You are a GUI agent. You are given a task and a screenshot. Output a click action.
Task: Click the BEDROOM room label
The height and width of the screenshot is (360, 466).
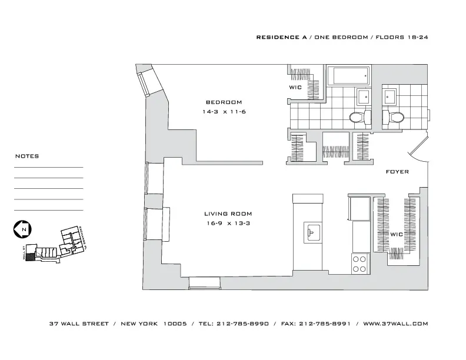[x=224, y=102]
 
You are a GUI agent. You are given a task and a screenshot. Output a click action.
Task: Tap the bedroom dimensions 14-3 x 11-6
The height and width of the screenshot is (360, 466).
[x=224, y=112]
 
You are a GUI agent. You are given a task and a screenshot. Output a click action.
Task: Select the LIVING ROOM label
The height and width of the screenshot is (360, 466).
[x=228, y=214]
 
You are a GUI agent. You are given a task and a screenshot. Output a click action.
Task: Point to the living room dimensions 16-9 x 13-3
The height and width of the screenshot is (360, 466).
[x=228, y=224]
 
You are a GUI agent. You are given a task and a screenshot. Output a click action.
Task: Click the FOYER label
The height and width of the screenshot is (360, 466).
[x=397, y=172]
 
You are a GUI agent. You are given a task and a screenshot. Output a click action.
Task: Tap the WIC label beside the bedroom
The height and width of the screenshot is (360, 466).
[x=295, y=88]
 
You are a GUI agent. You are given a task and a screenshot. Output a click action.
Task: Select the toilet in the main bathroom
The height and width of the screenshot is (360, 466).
[x=358, y=116]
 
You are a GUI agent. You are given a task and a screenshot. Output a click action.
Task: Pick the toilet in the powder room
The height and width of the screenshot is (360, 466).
[x=394, y=116]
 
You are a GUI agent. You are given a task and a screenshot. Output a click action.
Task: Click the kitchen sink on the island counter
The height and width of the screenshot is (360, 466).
[x=312, y=231]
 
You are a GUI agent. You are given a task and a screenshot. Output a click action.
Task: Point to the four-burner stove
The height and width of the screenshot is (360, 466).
[x=359, y=264]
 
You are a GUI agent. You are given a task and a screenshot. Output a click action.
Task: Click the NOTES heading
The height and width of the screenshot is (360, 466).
[x=27, y=156]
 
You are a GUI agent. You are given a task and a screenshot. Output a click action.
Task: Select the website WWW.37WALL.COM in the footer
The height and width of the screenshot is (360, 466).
[x=395, y=324]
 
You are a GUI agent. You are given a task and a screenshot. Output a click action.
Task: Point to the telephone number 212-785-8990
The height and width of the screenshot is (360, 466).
[x=243, y=324]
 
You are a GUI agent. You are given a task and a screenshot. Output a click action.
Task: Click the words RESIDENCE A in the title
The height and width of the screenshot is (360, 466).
[x=278, y=37]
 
